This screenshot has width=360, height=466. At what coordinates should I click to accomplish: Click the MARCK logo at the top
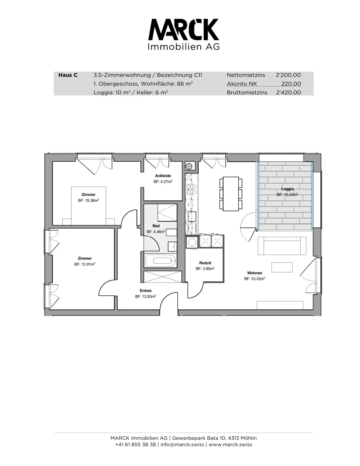(x=184, y=34)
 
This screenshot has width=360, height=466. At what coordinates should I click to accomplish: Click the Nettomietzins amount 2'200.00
(x=288, y=75)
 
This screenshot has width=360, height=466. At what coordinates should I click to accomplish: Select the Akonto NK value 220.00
(x=291, y=84)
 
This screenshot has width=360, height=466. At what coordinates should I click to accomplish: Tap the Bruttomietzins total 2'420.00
(x=288, y=92)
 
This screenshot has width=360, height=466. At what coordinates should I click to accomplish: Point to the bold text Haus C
(x=68, y=75)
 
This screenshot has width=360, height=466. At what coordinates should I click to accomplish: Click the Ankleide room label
(x=163, y=176)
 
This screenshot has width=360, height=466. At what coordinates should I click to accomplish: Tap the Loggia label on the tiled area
(x=287, y=189)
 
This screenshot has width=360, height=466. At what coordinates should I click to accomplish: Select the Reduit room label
(x=205, y=263)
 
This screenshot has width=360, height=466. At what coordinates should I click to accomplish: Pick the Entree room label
(x=146, y=291)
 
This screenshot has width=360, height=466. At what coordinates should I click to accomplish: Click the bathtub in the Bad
(x=160, y=261)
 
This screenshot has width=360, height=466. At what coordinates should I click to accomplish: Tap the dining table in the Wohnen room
(x=231, y=194)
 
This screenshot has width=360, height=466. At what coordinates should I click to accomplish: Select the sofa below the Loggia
(x=282, y=246)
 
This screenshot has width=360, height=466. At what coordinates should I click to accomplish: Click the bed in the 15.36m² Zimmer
(x=88, y=206)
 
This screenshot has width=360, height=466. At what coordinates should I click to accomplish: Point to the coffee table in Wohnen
(x=282, y=267)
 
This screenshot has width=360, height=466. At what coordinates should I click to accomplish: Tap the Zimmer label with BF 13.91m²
(x=85, y=258)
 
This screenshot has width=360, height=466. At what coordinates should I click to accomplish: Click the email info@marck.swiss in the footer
(x=182, y=444)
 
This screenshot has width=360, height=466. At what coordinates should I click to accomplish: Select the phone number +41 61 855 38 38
(x=136, y=444)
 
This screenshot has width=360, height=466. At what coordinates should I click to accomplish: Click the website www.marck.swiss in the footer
(x=230, y=444)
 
